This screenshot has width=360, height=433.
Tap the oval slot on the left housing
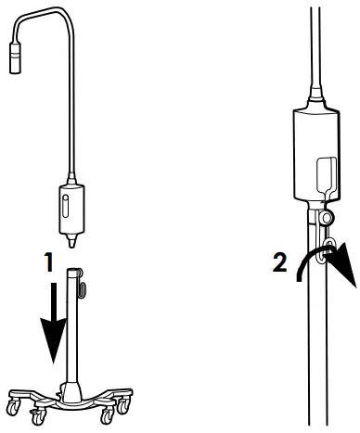tap(65, 204)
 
